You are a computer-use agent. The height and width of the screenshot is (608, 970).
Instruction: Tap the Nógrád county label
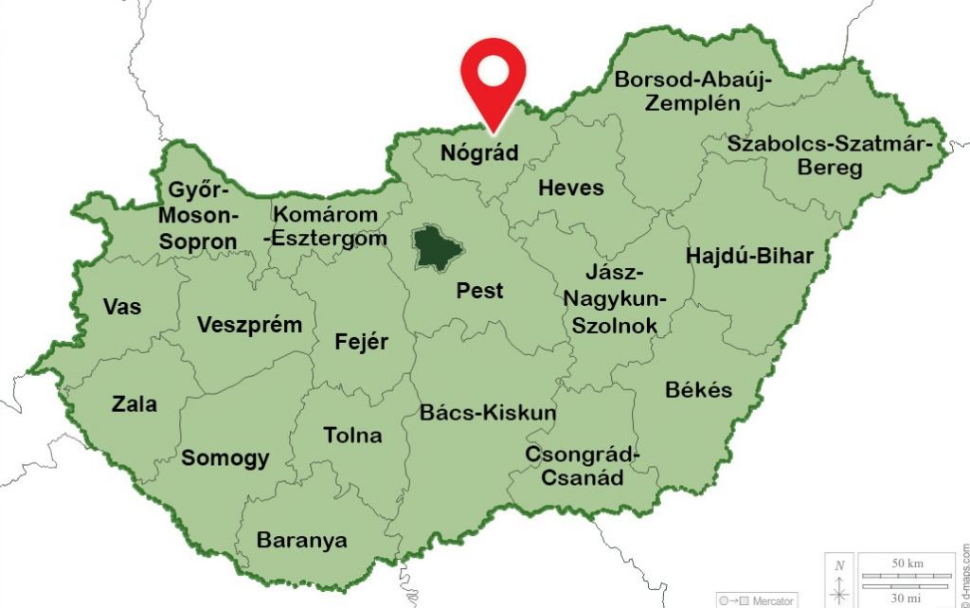[480, 152]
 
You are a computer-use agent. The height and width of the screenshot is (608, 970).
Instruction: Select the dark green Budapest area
[438, 247]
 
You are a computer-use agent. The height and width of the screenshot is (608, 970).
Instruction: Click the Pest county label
[480, 291]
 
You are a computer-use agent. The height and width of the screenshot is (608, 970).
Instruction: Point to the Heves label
[570, 188]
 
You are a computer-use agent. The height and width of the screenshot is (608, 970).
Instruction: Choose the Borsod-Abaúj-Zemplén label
[692, 91]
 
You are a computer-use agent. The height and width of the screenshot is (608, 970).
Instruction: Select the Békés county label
[698, 390]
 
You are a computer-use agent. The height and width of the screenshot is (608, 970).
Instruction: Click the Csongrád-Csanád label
[582, 466]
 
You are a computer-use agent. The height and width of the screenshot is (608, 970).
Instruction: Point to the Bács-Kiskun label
[488, 413]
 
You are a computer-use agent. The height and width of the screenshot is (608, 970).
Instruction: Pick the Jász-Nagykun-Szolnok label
[615, 299]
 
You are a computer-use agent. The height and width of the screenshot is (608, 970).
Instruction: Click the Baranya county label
[301, 541]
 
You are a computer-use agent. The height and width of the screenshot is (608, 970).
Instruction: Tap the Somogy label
[225, 458]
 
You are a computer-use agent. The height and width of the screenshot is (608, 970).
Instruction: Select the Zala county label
[135, 404]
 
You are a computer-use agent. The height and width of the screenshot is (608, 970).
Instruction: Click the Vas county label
[122, 307]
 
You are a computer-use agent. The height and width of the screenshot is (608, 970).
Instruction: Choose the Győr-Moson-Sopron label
[198, 215]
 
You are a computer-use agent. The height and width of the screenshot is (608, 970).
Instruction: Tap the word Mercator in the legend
[775, 600]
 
